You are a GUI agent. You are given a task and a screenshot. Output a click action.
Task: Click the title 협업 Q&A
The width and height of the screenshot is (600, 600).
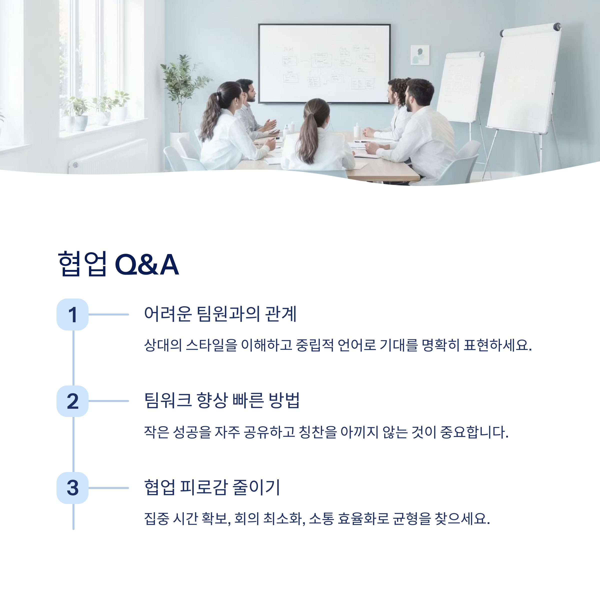pyautogui.click(x=118, y=264)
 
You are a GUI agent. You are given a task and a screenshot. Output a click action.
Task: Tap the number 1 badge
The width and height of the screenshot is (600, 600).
pyautogui.click(x=72, y=314)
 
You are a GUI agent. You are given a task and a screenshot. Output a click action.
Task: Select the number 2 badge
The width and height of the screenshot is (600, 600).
pyautogui.click(x=72, y=401)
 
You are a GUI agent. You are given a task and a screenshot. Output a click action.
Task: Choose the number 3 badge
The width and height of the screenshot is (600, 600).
pyautogui.click(x=72, y=487)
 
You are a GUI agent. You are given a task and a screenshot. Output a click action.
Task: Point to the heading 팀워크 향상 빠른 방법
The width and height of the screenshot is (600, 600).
pyautogui.click(x=222, y=400)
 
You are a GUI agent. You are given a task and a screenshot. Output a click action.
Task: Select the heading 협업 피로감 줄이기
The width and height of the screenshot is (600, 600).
pyautogui.click(x=212, y=487)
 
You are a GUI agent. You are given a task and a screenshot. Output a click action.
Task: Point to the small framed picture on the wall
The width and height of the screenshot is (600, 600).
pyautogui.click(x=420, y=55)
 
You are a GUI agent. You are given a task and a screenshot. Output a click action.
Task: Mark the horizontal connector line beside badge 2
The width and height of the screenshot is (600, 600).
pyautogui.click(x=108, y=401)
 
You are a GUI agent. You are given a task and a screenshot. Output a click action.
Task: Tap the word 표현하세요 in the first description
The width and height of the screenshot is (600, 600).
pyautogui.click(x=497, y=345)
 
